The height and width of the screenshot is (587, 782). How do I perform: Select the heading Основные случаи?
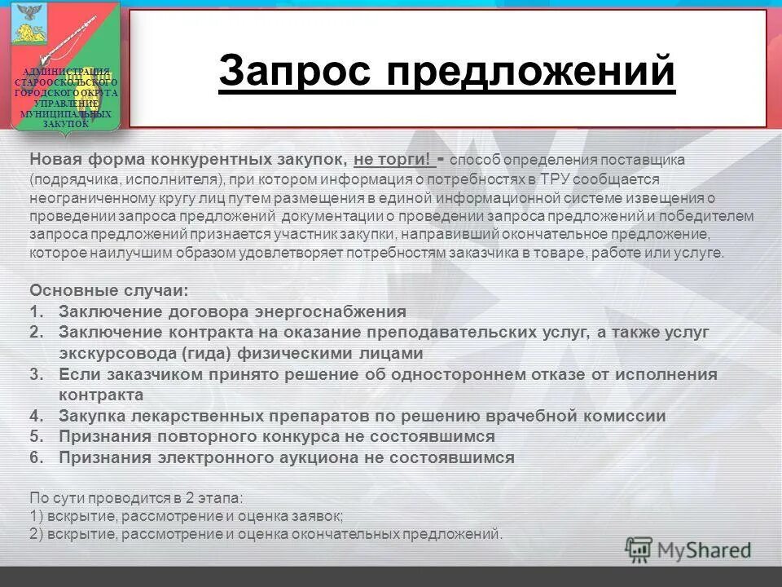point(108,290)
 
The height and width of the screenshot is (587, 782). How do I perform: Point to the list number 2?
point(36,333)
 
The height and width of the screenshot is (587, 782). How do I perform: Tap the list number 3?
point(36,374)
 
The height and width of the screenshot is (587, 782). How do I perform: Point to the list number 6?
point(36,457)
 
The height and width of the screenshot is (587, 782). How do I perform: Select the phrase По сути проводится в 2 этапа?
point(136,496)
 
